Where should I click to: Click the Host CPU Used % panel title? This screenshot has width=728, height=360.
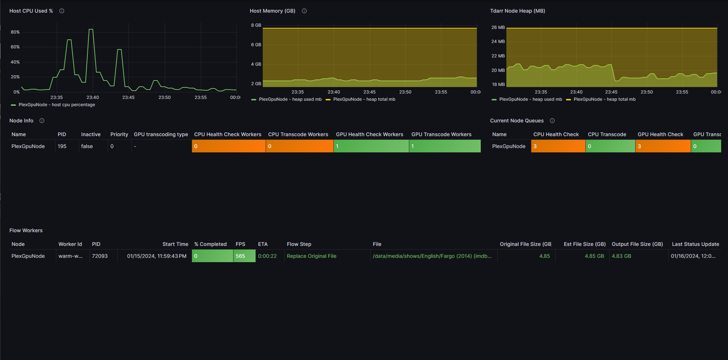(x=31, y=11)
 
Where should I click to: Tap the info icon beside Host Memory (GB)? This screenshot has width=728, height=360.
(x=304, y=11)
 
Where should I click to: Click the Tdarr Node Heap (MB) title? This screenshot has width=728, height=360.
(x=518, y=11)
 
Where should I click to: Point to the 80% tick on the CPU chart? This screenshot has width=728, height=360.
(x=15, y=32)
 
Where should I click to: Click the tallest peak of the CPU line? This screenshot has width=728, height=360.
(x=91, y=29)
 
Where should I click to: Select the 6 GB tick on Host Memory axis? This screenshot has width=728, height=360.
(x=256, y=45)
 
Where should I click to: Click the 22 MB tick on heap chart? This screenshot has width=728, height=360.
(x=498, y=56)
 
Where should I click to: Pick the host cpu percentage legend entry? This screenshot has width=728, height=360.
(x=53, y=105)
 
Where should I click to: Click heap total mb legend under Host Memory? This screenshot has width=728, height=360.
(x=361, y=99)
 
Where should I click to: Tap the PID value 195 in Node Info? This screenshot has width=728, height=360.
(x=62, y=146)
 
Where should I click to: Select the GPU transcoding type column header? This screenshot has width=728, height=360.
(x=161, y=134)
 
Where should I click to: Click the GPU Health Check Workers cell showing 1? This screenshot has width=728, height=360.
(x=371, y=146)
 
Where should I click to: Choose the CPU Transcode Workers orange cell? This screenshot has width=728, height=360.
(x=300, y=146)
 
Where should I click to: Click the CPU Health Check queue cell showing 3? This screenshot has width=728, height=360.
(x=558, y=146)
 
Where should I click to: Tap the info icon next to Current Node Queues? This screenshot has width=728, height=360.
(x=552, y=121)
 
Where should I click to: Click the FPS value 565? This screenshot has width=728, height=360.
(x=240, y=256)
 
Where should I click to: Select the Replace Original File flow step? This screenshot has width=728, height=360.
(x=311, y=256)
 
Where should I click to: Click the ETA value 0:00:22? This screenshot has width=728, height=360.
(x=267, y=256)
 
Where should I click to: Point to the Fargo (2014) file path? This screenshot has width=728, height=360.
(x=432, y=256)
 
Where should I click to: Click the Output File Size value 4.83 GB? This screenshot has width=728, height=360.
(x=622, y=256)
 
